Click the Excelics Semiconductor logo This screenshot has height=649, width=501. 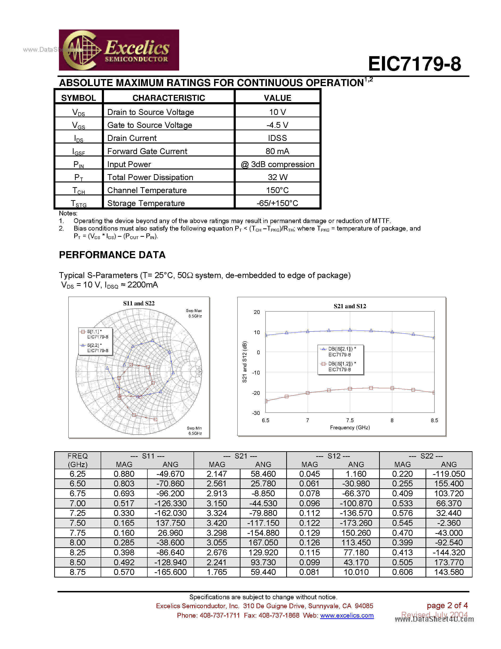(119, 50)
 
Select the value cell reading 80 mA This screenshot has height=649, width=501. (277, 151)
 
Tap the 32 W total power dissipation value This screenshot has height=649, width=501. (277, 177)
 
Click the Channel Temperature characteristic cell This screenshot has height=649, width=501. (147, 190)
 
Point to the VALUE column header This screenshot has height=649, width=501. (277, 98)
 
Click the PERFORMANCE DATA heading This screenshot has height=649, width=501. (112, 255)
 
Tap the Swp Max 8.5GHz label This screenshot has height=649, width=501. (194, 313)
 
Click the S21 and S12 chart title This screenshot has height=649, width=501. (350, 306)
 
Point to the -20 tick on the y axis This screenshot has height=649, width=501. (256, 393)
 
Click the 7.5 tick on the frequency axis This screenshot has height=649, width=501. (350, 420)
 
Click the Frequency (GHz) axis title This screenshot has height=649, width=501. (350, 428)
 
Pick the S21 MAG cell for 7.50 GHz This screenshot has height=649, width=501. (217, 523)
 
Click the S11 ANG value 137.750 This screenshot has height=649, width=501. (170, 523)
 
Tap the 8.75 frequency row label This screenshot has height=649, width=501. (78, 572)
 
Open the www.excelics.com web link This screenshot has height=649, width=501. (347, 615)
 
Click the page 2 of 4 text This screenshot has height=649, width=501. (447, 605)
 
